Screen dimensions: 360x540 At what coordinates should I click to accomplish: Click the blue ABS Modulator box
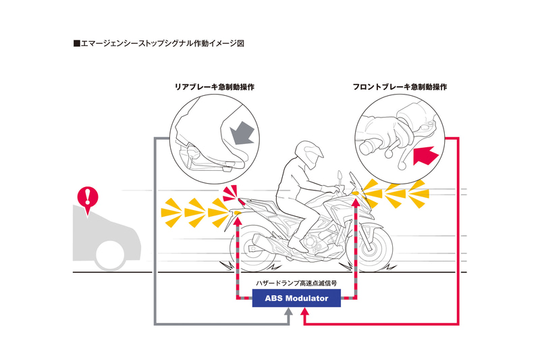(x=296, y=298)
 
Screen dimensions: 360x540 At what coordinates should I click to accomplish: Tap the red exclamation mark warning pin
(x=88, y=197)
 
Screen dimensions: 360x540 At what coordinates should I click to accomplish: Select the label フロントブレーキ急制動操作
(x=399, y=87)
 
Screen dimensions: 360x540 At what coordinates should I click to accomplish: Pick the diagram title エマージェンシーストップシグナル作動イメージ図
(x=158, y=44)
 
